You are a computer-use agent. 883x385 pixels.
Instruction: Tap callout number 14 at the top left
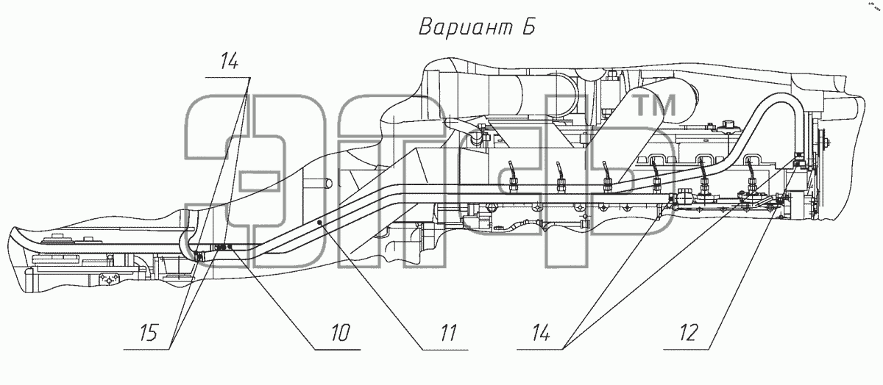coord(229,61)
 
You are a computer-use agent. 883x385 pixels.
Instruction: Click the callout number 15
coord(149,333)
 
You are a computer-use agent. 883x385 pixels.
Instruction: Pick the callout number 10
coord(340,333)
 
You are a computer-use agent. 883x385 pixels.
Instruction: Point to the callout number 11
coord(447,333)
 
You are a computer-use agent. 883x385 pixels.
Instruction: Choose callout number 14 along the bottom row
coord(541,333)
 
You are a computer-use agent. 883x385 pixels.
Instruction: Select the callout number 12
coord(689,333)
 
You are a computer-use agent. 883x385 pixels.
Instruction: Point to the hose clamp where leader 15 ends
coord(199,256)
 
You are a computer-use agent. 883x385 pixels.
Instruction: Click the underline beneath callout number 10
coord(338,350)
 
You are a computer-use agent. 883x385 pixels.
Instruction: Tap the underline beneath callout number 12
coord(687,349)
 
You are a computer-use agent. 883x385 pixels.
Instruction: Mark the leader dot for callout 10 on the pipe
coord(230,247)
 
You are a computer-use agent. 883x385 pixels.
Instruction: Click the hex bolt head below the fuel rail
coord(492,207)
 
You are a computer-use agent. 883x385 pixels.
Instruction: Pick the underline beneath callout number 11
coord(445,350)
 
